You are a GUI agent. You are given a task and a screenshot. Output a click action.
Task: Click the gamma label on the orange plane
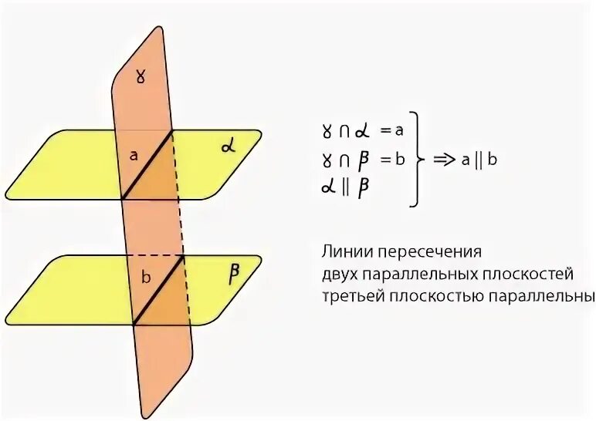point(140,79)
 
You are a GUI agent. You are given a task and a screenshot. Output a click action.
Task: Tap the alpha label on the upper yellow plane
point(228,146)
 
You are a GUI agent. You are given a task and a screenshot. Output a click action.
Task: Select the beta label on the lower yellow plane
point(234,274)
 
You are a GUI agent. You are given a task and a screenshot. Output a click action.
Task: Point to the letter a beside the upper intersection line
point(134,156)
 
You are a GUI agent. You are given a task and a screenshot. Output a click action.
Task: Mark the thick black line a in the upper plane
point(147,164)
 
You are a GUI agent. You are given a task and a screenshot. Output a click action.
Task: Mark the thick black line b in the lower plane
point(158,291)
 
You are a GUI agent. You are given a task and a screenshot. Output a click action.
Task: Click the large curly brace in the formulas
point(418,160)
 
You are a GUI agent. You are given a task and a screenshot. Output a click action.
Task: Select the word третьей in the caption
point(350,295)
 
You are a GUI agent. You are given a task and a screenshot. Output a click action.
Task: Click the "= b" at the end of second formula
point(392,160)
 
